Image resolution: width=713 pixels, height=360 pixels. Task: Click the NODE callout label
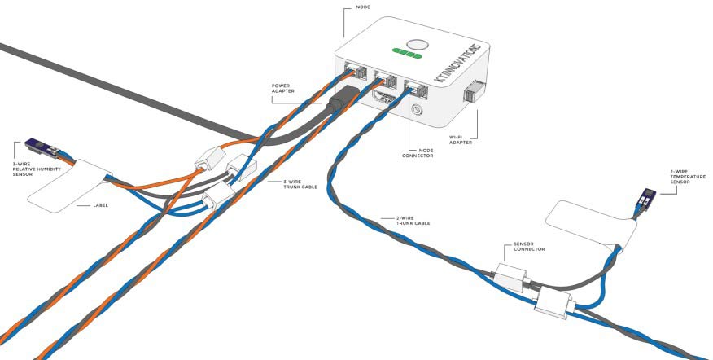tap(364, 7)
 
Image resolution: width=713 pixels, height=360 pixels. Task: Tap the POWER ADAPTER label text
tap(282, 88)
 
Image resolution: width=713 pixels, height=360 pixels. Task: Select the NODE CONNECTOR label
tap(418, 153)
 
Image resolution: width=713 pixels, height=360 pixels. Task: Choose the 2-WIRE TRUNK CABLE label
tap(413, 221)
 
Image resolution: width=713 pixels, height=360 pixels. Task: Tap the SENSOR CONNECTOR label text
tap(529, 246)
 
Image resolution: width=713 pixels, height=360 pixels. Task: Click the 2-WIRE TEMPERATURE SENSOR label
tap(688, 177)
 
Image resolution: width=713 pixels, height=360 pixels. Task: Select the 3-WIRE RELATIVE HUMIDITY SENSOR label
tap(37, 169)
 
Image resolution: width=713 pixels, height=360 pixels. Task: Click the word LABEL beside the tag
tap(100, 205)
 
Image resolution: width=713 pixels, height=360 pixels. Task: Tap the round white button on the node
tap(417, 45)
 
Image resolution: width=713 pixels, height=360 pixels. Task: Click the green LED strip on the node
tap(406, 55)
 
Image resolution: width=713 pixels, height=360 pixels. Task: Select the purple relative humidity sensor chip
tap(42, 147)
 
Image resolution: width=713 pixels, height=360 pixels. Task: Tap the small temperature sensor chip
tap(645, 198)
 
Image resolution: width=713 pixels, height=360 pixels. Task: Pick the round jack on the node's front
tap(416, 111)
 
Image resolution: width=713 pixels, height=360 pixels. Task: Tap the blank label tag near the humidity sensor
tap(69, 185)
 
